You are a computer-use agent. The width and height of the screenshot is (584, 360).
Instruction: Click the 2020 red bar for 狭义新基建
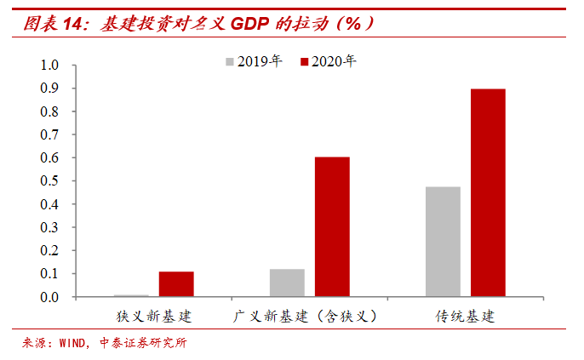176,284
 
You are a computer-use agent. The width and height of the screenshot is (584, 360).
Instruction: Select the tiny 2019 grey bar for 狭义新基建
131,295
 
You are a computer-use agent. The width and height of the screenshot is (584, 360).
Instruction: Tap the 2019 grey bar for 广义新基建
287,283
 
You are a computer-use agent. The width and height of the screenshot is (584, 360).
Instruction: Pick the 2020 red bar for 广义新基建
332,227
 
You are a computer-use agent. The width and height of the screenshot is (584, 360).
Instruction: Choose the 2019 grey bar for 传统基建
443,242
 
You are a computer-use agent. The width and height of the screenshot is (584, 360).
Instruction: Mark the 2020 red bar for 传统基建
488,193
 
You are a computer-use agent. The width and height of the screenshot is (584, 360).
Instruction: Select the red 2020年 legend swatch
303,61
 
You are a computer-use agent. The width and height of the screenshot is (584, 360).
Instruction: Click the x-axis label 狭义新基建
154,317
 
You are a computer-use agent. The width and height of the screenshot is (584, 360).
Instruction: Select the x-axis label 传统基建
465,317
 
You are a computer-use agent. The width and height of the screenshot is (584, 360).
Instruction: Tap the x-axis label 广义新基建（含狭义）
305,317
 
